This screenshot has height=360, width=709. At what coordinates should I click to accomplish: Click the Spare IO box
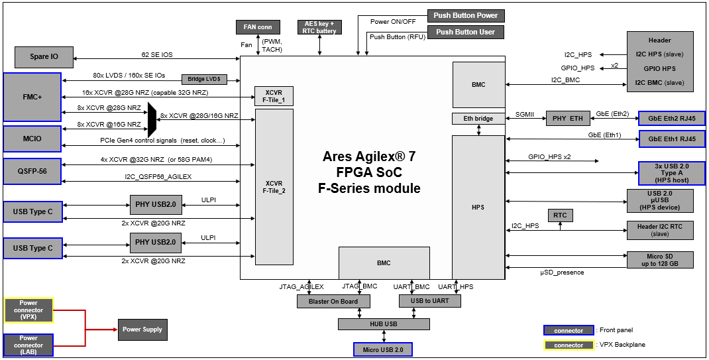44,56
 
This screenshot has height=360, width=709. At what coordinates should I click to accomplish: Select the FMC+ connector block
32,97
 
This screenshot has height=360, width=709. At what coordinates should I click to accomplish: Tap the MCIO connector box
32,139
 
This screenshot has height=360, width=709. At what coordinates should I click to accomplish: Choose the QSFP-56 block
32,172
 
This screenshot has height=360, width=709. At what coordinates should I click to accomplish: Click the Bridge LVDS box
204,79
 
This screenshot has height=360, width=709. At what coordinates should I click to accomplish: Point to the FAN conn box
258,27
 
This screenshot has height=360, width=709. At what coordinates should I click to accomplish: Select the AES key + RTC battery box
319,27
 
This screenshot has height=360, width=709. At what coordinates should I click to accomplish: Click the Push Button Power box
466,15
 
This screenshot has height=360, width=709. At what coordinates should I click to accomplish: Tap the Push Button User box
466,32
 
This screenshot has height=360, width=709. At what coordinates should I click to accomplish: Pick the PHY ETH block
567,119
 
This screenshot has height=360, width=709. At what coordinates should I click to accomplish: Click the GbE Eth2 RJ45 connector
671,119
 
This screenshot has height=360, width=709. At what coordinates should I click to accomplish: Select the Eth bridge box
478,119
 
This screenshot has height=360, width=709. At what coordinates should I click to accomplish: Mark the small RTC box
560,215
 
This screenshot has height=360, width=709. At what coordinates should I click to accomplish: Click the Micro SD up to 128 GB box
660,260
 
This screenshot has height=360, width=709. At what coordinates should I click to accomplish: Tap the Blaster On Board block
333,301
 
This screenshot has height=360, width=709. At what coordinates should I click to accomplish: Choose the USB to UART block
430,301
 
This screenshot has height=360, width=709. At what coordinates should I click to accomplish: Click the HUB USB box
384,324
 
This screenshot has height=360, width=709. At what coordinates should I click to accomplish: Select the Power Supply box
142,330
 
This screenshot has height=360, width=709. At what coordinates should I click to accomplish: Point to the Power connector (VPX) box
28,310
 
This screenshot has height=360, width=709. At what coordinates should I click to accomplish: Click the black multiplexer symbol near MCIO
152,116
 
